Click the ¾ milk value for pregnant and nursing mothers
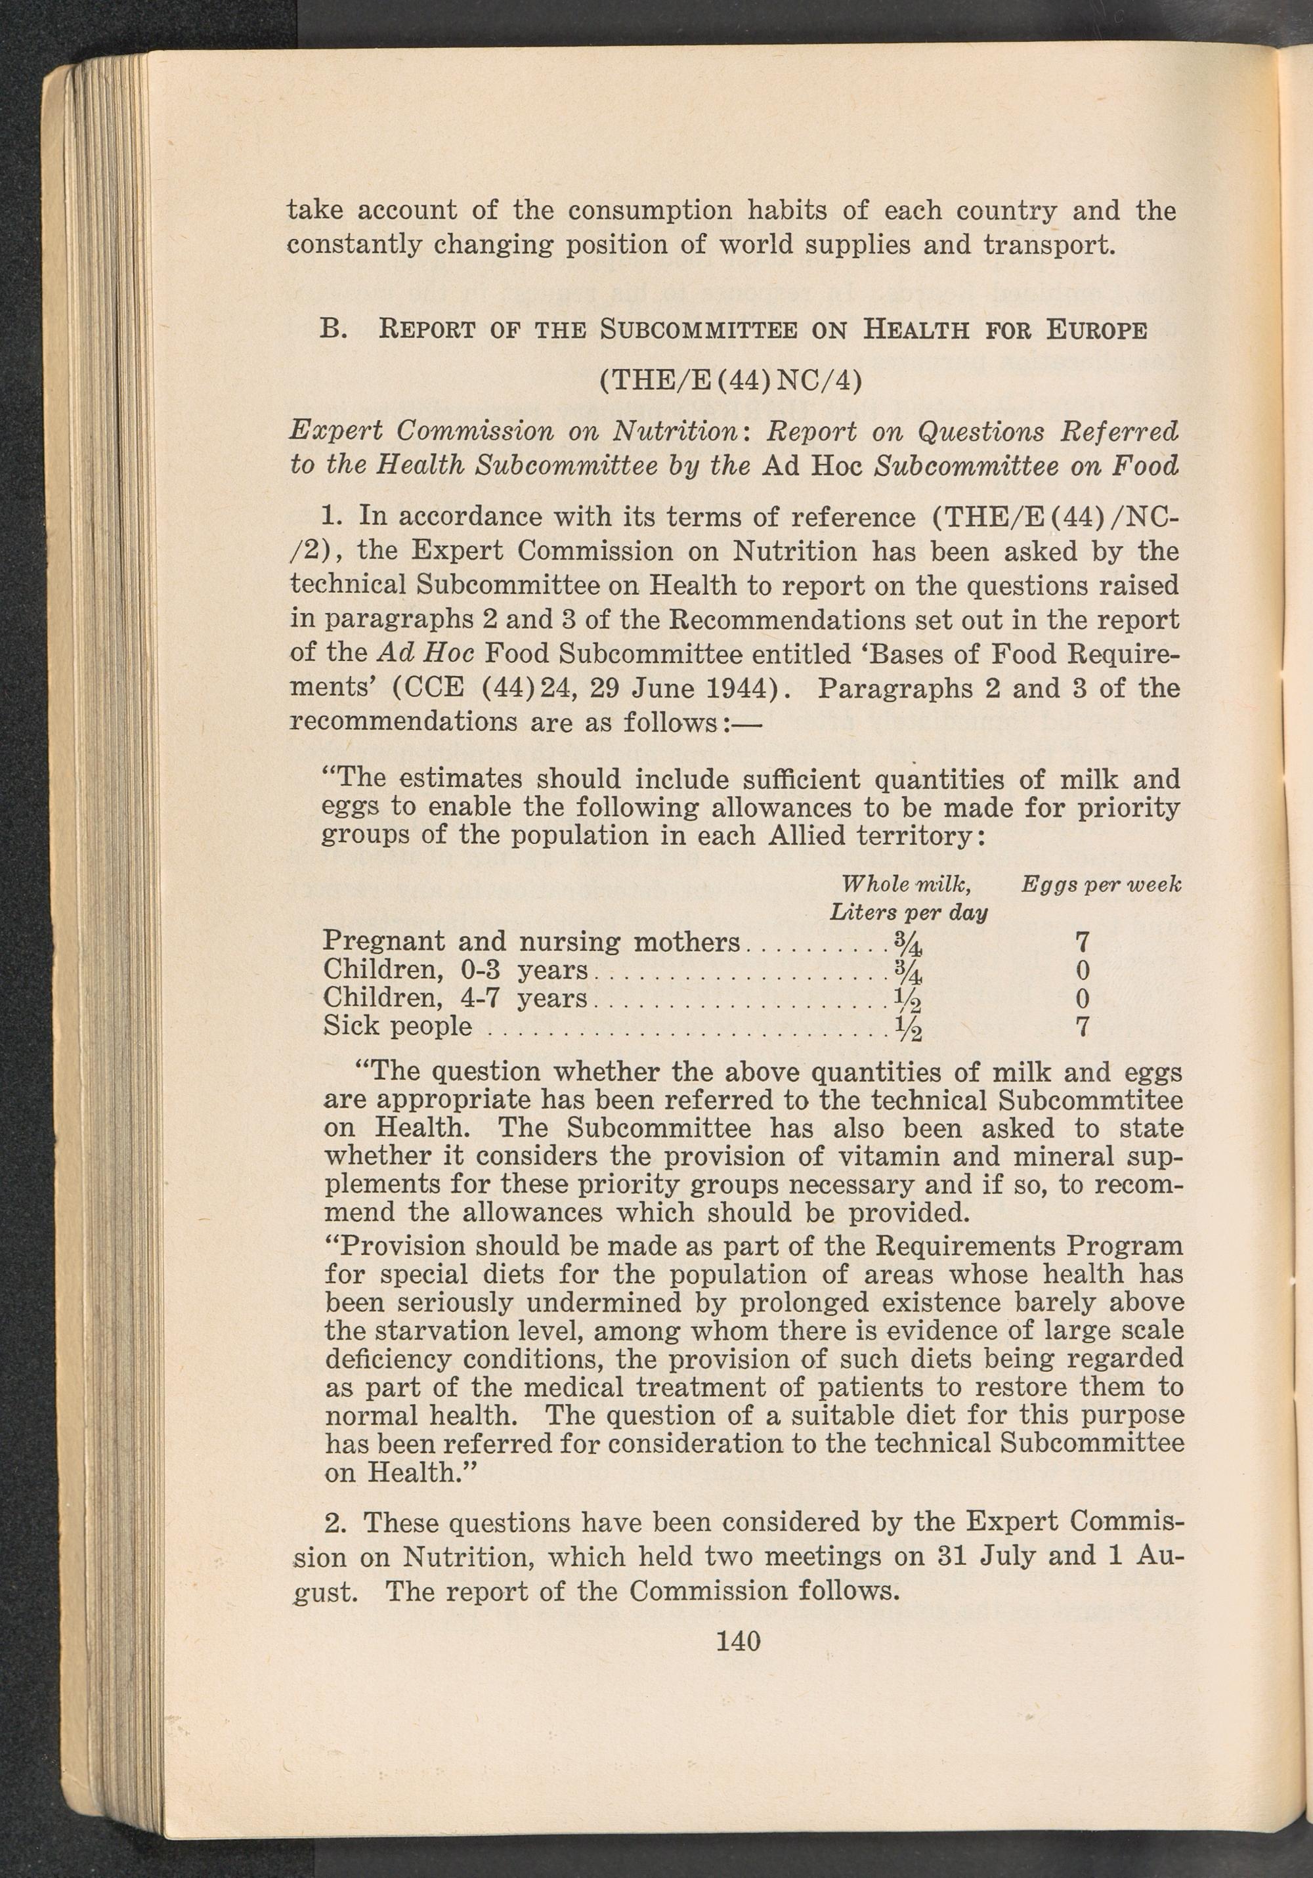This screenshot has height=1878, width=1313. tap(909, 944)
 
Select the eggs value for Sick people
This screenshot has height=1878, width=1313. tap(1083, 1027)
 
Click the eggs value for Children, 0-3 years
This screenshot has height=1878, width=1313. tap(1083, 971)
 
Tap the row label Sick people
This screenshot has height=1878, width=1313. tap(398, 1027)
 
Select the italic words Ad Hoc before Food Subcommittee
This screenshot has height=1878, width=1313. tap(420, 654)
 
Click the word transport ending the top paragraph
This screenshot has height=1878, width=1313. tap(1035, 245)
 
